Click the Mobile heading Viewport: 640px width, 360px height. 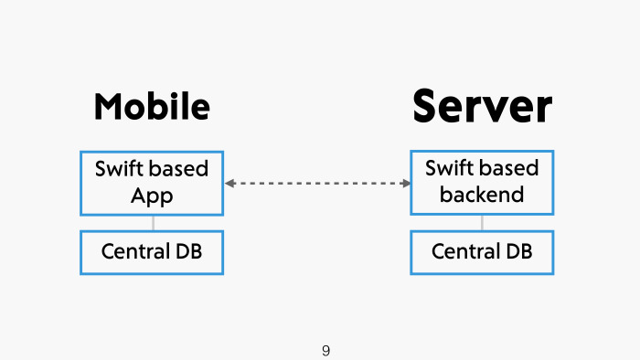tap(152, 107)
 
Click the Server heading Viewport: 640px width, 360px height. tap(482, 106)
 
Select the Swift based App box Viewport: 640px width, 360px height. tap(152, 183)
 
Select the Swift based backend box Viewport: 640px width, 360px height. tap(482, 183)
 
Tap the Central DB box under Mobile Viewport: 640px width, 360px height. tap(152, 251)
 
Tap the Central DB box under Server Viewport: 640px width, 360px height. tap(482, 251)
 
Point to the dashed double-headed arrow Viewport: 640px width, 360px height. tap(317, 184)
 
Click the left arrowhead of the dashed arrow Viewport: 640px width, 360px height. tap(230, 184)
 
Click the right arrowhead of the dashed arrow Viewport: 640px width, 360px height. tap(404, 184)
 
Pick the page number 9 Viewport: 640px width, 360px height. tap(326, 351)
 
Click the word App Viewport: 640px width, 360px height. tap(152, 196)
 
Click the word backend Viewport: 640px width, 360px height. tap(482, 195)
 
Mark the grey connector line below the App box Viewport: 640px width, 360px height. tap(153, 222)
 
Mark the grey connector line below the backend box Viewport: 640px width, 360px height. tap(482, 222)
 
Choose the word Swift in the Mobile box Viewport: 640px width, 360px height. tap(117, 169)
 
